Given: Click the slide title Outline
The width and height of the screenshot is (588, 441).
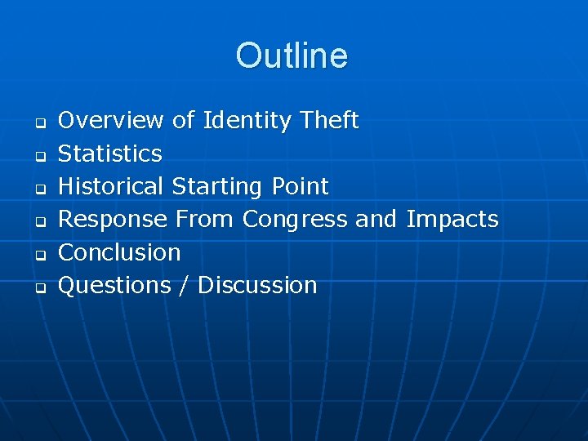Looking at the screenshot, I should tap(292, 56).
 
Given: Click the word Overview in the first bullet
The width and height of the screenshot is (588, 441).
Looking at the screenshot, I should tap(111, 121).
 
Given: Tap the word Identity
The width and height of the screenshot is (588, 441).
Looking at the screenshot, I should tap(247, 121).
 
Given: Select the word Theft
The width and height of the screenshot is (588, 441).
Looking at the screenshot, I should tap(329, 121).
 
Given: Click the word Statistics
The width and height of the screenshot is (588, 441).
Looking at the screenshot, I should tap(110, 154).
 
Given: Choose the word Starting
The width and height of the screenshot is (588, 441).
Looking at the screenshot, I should tap(216, 187).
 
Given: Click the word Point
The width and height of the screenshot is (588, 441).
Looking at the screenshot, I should tap(298, 186).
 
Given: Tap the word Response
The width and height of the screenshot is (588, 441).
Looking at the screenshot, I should tap(114, 220).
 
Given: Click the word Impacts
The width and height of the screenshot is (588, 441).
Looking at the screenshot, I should tap(452, 220).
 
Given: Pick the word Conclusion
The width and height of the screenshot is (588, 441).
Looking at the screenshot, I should tap(119, 252).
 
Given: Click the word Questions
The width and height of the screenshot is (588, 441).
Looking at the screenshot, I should tap(114, 285).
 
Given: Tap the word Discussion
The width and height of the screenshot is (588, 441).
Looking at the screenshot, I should tap(257, 285).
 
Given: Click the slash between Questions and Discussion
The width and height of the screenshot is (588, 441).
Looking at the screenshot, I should tap(185, 285).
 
